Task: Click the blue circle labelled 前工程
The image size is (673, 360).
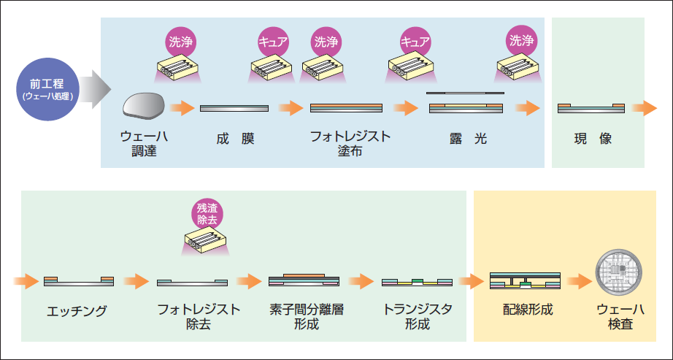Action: [x=46, y=88]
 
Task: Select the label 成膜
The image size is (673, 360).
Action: [x=235, y=138]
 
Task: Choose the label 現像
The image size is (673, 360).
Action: [x=593, y=138]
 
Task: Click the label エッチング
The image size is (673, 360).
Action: [x=77, y=311]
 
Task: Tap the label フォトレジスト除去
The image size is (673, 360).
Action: [x=199, y=317]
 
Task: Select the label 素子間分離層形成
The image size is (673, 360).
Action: [x=306, y=317]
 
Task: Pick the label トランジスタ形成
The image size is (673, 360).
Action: [x=418, y=317]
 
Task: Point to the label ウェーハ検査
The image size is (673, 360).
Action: [x=620, y=317]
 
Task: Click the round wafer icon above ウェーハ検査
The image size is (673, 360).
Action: [x=618, y=272]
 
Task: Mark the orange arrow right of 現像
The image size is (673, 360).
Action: [x=645, y=108]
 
